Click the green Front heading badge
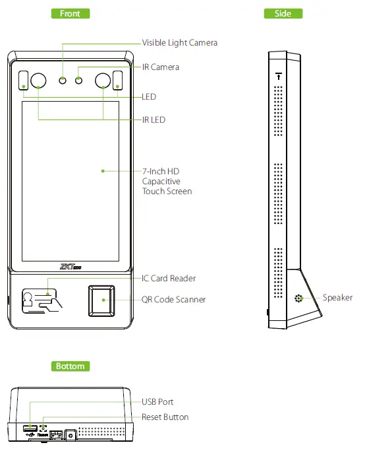click(70, 13)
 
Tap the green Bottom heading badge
click(70, 366)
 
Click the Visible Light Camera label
click(180, 43)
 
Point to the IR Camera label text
click(161, 67)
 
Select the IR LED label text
click(154, 120)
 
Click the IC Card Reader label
click(169, 279)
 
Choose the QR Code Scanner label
click(174, 300)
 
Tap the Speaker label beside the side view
click(337, 298)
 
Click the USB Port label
click(157, 401)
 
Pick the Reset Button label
click(165, 417)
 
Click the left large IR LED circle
click(39, 81)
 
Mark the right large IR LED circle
click(103, 81)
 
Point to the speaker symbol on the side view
click(298, 298)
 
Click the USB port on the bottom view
click(31, 431)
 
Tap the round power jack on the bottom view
click(70, 435)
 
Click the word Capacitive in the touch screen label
click(161, 182)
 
